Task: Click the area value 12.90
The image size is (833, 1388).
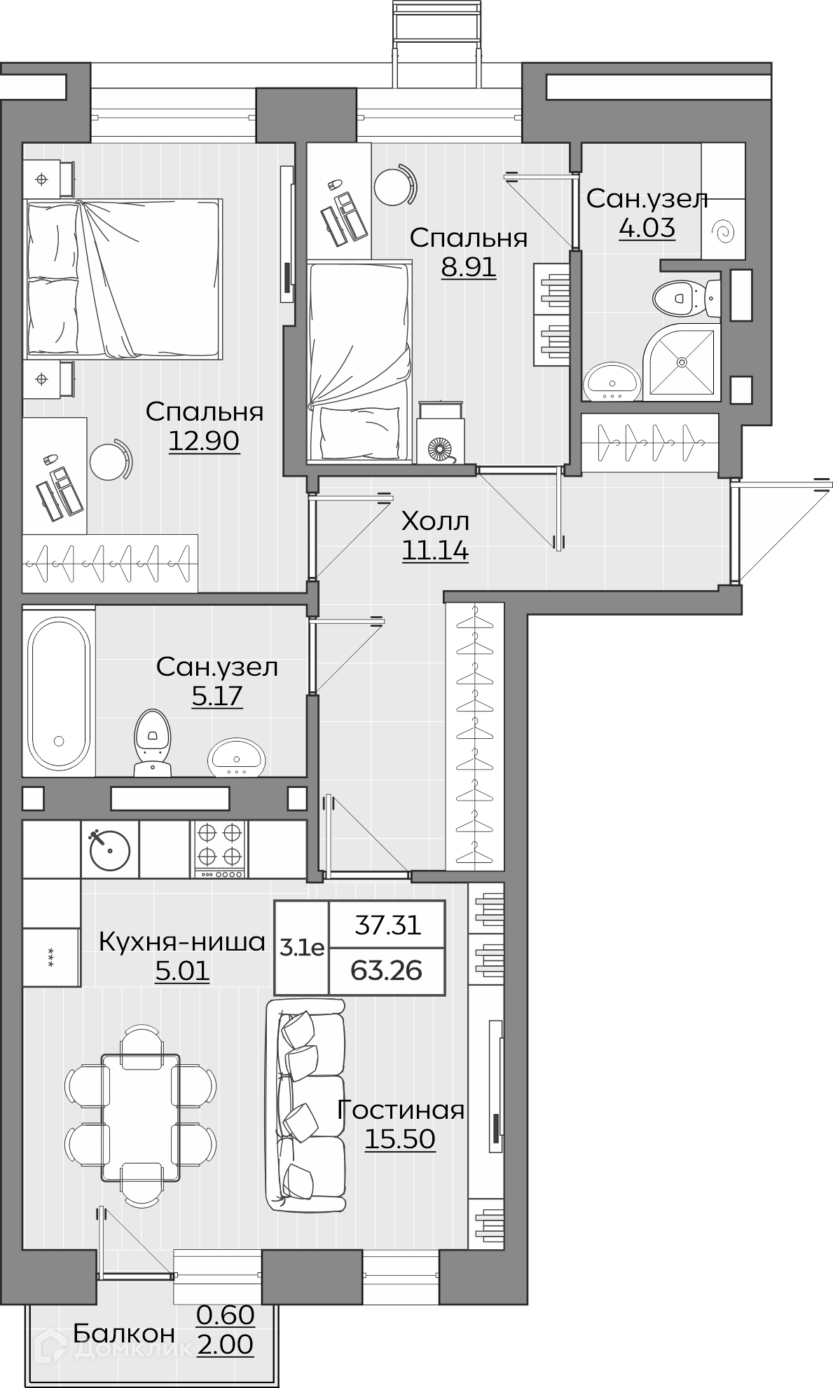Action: tap(204, 441)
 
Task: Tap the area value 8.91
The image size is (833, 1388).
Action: tap(468, 267)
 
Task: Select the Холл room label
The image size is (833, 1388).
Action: tap(435, 522)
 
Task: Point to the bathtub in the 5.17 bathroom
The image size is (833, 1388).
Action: tap(59, 691)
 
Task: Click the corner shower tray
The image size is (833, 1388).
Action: tap(681, 362)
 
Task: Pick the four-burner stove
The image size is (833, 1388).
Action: tap(220, 849)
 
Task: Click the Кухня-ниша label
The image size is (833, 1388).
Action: tap(182, 941)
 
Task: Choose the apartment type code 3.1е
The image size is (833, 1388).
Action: tap(302, 948)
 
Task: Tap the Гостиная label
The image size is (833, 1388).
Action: tap(401, 1110)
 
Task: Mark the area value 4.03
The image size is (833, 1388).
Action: tap(647, 228)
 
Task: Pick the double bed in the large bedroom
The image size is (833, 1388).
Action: tap(124, 279)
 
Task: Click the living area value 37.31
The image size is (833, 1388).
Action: tap(387, 925)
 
